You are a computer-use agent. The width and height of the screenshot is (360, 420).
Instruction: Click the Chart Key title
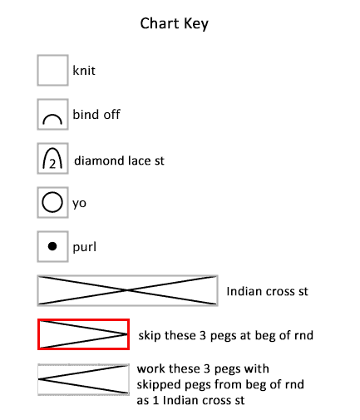pyautogui.click(x=174, y=23)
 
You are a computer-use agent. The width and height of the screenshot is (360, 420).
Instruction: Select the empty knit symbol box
pyautogui.click(x=52, y=70)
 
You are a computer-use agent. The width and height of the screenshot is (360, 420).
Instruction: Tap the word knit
pyautogui.click(x=84, y=71)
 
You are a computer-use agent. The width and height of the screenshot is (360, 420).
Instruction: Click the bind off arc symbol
pyautogui.click(x=52, y=119)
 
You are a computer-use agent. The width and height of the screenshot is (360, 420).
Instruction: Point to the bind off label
pyautogui.click(x=96, y=114)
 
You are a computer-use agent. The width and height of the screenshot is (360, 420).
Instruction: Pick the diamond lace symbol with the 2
pyautogui.click(x=52, y=158)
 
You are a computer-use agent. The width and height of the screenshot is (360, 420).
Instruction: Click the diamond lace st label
pyautogui.click(x=119, y=161)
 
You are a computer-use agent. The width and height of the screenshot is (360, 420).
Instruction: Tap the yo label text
pyautogui.click(x=79, y=204)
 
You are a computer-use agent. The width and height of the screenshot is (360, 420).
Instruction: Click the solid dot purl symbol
pyautogui.click(x=52, y=246)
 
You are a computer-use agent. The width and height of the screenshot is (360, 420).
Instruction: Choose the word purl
pyautogui.click(x=85, y=247)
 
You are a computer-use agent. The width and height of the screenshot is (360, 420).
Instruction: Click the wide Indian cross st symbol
pyautogui.click(x=127, y=290)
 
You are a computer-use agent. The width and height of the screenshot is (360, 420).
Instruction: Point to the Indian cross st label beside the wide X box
pyautogui.click(x=267, y=291)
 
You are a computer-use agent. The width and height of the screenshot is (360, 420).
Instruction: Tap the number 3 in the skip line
pyautogui.click(x=203, y=335)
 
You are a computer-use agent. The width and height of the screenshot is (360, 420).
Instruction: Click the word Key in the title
pyautogui.click(x=196, y=24)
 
